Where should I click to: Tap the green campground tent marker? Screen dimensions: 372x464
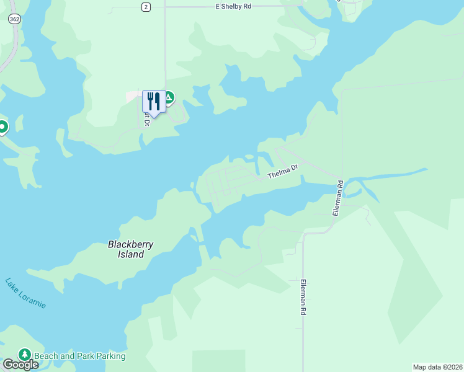tap(167, 98)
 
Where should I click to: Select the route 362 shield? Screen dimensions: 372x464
tap(14, 20)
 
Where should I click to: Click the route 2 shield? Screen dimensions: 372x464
tap(146, 7)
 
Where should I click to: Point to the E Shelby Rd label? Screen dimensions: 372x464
tap(233, 7)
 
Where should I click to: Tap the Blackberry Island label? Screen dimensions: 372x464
tap(130, 249)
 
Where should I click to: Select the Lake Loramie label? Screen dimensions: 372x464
tap(25, 293)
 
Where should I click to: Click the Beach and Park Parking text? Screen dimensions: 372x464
tap(79, 356)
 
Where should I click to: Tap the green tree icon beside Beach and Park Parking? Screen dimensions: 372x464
tap(25, 355)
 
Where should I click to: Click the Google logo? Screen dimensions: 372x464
tap(20, 365)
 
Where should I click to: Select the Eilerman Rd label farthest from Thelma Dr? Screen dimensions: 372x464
tap(303, 297)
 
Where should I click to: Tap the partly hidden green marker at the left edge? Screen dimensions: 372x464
tap(2, 127)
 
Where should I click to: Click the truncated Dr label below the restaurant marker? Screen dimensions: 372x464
tap(147, 118)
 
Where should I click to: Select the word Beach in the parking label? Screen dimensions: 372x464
tap(46, 356)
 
